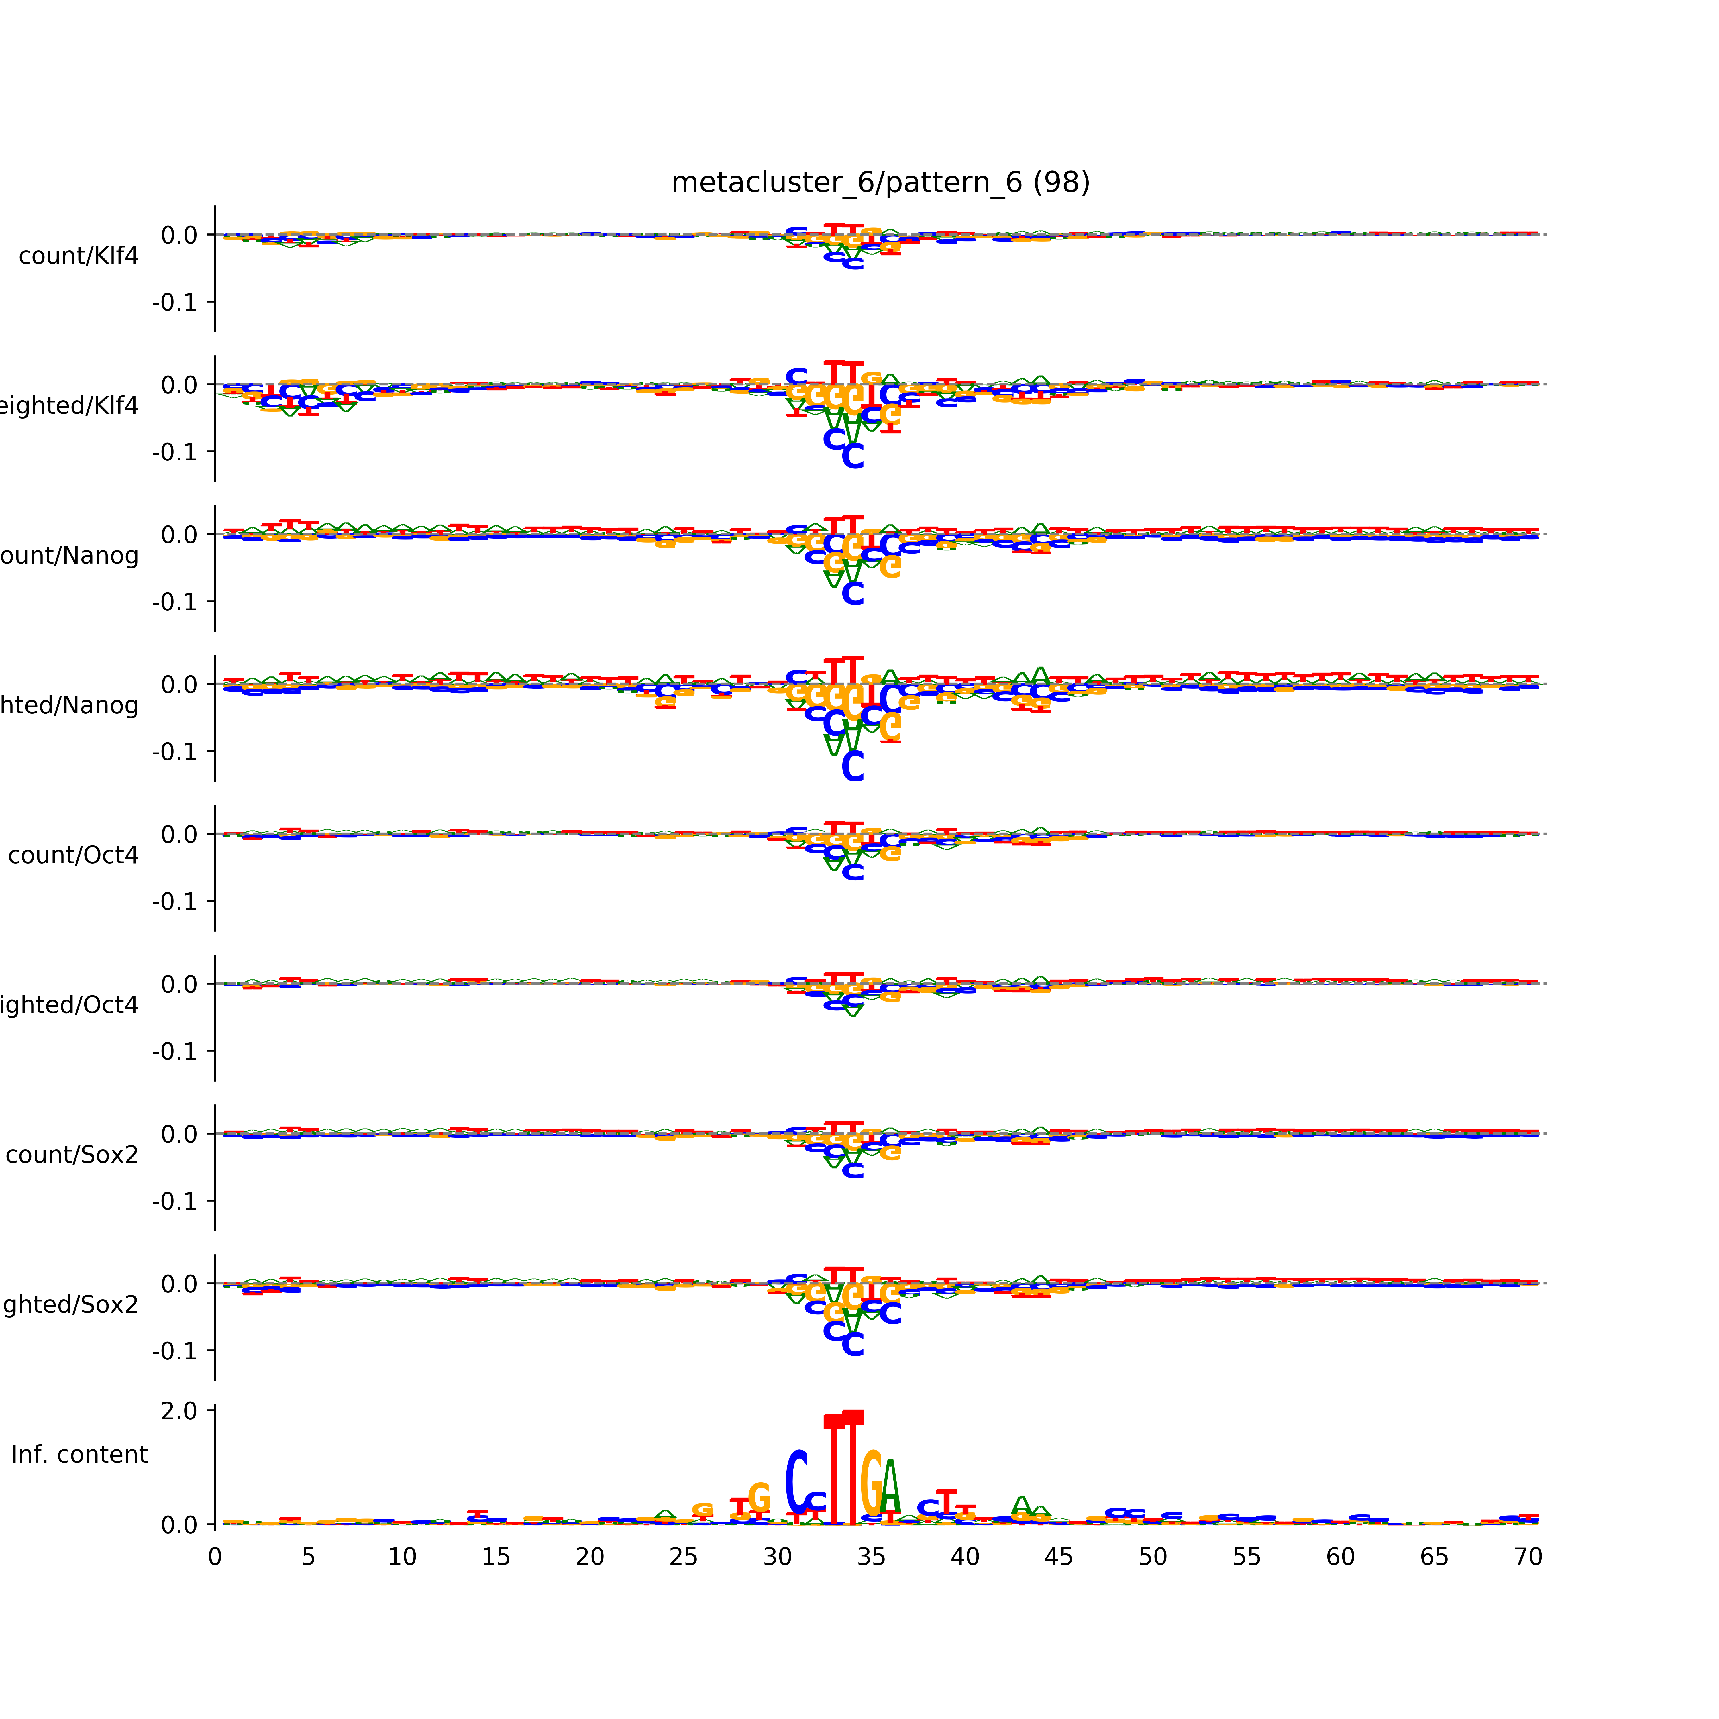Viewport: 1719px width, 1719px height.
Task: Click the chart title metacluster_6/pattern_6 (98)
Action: click(880, 183)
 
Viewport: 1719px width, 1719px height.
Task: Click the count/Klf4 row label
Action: click(78, 256)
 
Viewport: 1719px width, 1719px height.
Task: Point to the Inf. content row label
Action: click(79, 1455)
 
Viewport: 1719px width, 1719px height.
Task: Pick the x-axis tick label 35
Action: click(871, 1557)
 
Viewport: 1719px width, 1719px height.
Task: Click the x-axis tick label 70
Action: click(1528, 1557)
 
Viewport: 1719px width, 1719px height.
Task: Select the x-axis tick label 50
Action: click(1152, 1557)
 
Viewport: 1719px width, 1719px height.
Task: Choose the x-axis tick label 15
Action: click(496, 1557)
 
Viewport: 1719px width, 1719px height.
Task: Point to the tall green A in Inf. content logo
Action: click(891, 1488)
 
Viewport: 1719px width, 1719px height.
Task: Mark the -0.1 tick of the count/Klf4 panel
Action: click(174, 303)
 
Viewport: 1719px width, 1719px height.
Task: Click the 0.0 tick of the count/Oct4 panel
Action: click(179, 835)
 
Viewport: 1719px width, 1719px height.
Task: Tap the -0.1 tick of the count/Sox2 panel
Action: click(174, 1201)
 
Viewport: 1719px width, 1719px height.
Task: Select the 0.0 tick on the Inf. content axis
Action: click(179, 1525)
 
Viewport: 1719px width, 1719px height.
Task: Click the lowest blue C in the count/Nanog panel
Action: click(852, 593)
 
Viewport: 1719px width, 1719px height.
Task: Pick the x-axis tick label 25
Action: click(683, 1557)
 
